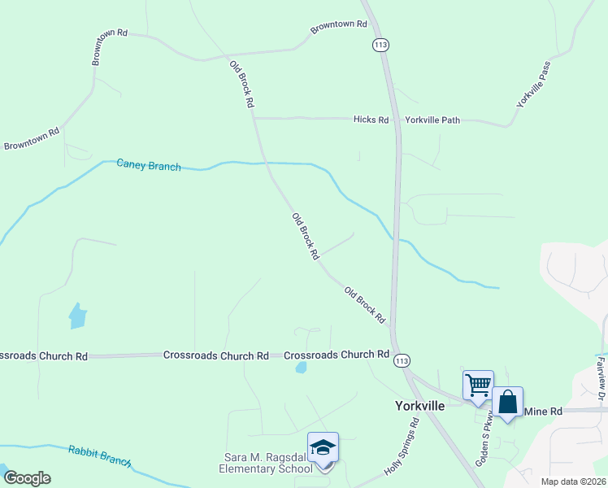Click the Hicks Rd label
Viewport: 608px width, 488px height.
371,120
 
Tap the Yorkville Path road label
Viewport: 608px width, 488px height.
432,120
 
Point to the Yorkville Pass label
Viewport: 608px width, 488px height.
533,85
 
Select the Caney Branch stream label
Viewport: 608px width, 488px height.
148,165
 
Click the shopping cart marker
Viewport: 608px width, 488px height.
478,384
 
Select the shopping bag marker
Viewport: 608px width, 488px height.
507,402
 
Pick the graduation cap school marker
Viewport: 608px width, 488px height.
323,449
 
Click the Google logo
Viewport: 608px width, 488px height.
27,477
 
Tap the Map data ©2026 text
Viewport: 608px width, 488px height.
573,481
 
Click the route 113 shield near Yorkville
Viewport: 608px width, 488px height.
401,360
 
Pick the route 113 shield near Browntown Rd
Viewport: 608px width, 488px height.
380,45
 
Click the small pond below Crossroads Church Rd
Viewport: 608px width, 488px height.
302,368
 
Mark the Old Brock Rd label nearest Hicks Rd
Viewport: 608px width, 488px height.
242,85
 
